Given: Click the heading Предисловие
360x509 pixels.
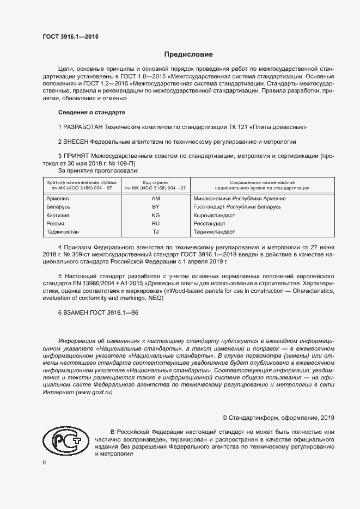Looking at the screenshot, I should click(189, 54).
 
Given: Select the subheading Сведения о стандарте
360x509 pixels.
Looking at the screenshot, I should click(91, 112).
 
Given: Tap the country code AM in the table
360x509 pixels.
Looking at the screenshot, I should click(155, 199).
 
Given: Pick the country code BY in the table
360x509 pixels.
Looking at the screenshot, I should click(155, 207).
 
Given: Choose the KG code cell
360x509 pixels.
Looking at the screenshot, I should click(155, 216).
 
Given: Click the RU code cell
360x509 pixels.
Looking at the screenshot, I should click(155, 224).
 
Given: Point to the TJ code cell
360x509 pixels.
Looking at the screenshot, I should click(155, 232).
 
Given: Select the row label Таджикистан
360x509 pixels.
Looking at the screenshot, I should click(64, 232).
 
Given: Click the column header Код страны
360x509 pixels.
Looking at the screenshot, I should click(155, 182).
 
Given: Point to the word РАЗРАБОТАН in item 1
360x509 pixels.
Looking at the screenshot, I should click(84, 127).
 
